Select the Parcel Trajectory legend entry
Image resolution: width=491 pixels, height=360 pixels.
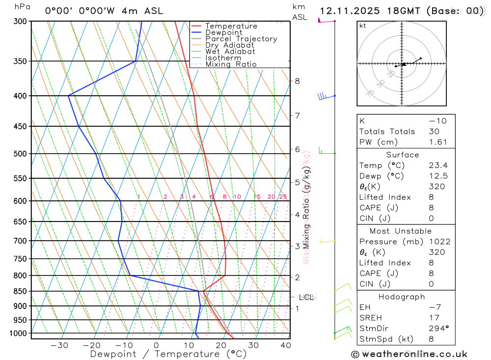(241, 39)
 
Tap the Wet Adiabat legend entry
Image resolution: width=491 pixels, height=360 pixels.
(230, 52)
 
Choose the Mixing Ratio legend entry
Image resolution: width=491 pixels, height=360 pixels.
(231, 64)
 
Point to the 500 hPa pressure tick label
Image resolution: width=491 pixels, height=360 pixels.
(20, 154)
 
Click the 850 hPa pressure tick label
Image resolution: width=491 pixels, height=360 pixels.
(20, 291)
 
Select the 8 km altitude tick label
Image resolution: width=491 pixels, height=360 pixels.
(297, 81)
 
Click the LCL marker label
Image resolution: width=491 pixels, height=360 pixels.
(306, 297)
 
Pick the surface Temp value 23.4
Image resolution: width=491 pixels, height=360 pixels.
(438, 166)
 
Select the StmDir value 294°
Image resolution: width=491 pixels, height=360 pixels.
(438, 329)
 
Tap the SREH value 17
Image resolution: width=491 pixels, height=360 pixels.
(432, 318)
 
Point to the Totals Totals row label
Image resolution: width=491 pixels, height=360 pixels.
(387, 132)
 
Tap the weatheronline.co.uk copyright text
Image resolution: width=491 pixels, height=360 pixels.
(409, 354)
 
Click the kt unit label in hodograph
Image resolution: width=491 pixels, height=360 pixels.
(362, 26)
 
